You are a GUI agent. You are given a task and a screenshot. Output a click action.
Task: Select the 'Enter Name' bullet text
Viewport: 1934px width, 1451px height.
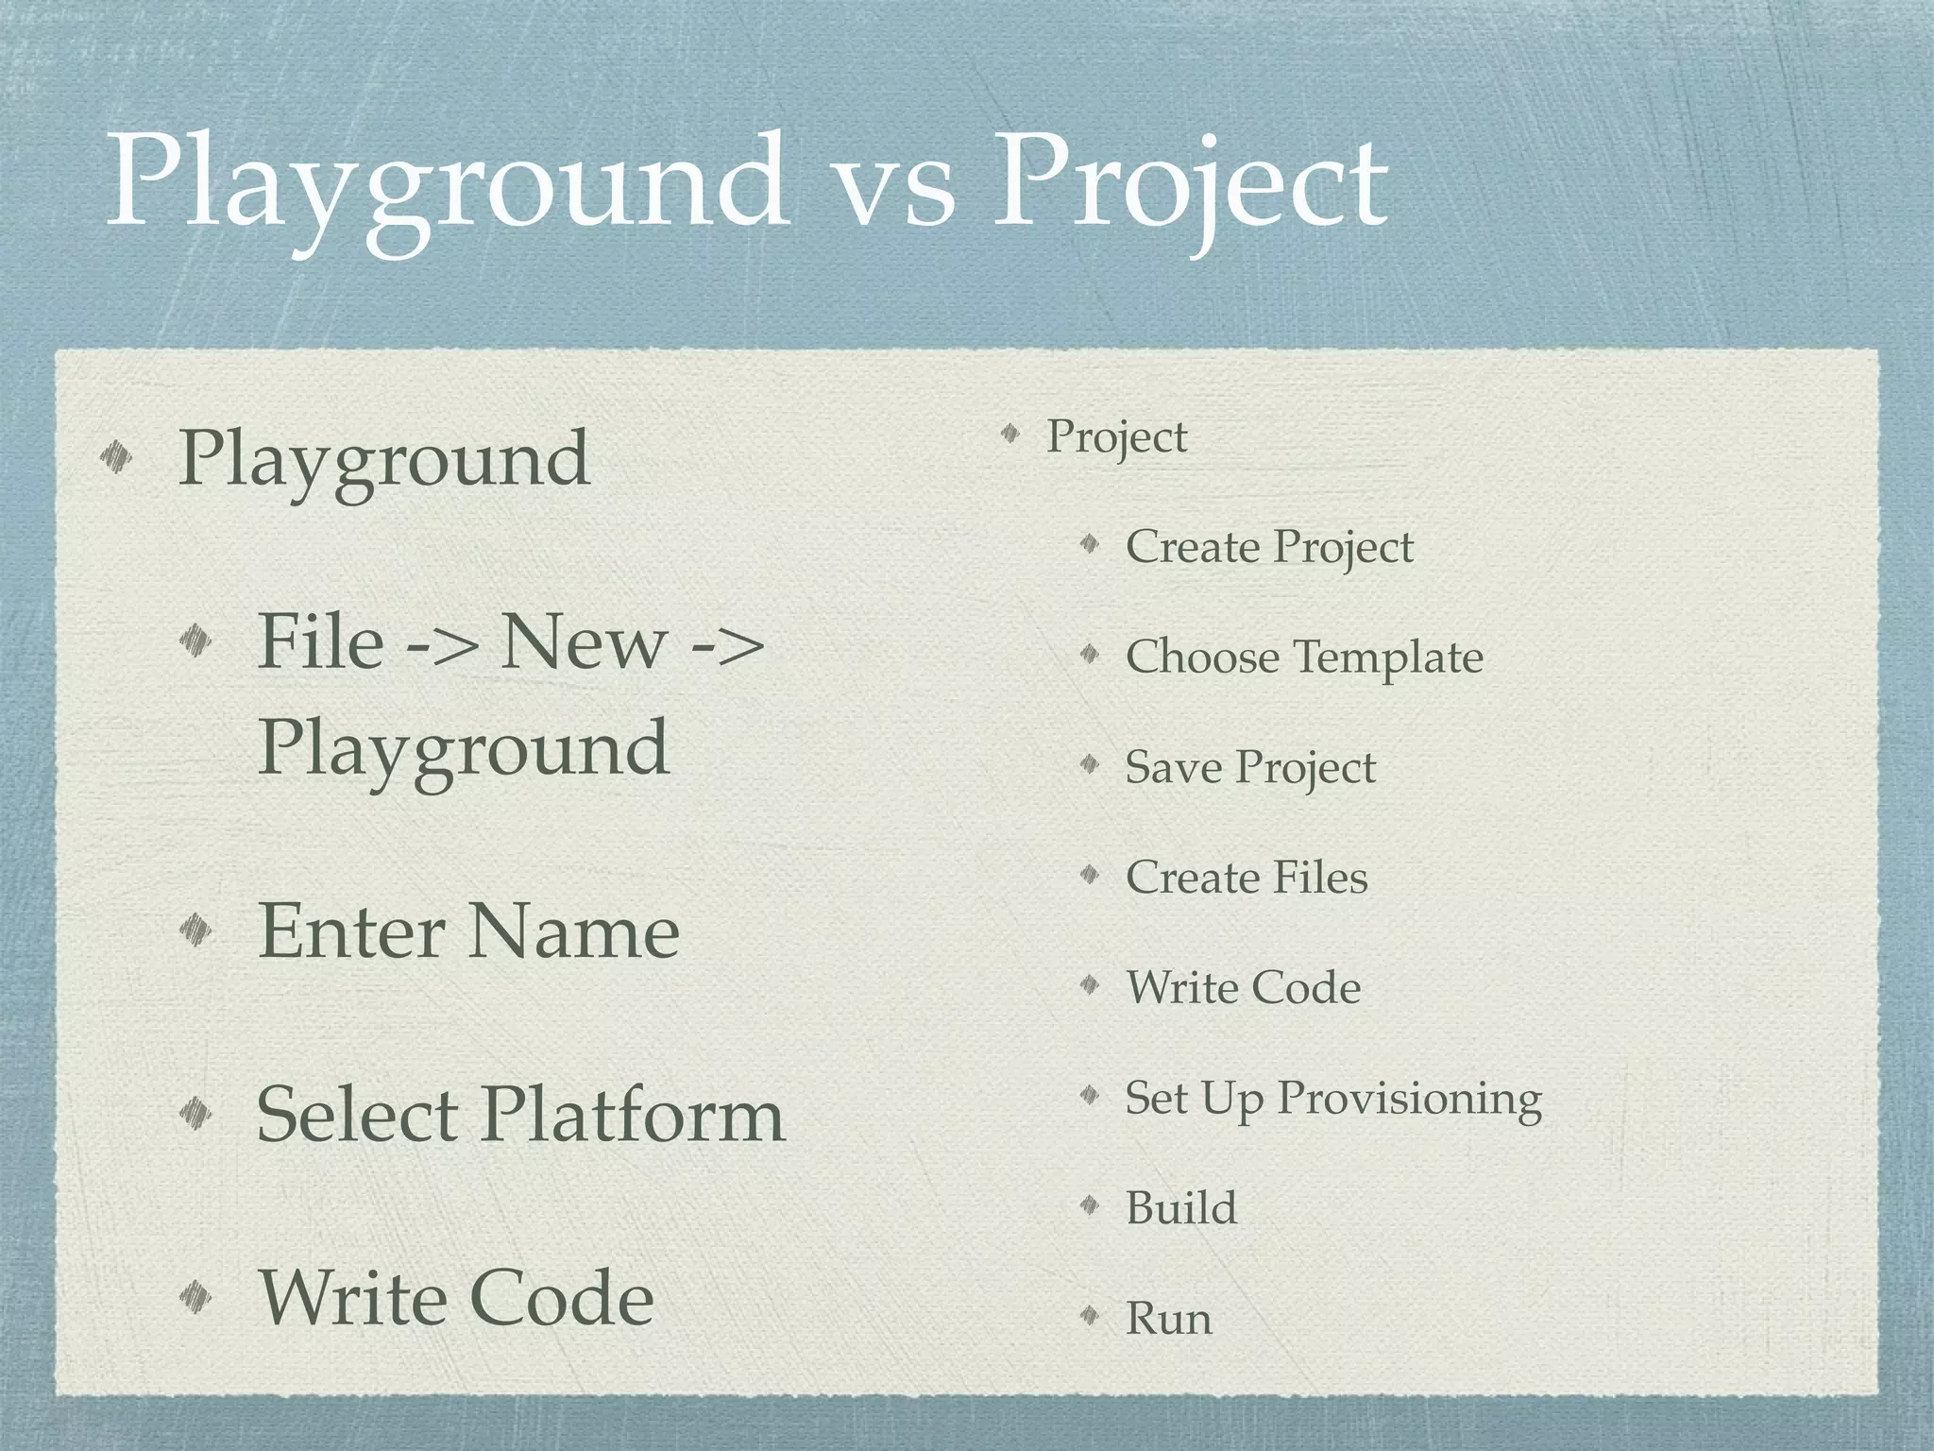(x=468, y=930)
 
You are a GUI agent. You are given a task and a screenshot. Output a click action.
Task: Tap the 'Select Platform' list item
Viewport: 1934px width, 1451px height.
(x=520, y=1115)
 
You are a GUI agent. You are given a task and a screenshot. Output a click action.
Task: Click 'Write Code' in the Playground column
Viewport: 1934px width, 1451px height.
(x=456, y=1298)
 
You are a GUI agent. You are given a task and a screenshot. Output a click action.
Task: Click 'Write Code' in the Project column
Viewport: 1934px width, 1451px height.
(x=1243, y=987)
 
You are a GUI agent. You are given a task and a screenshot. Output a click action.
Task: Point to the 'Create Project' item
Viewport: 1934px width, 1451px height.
(x=1269, y=547)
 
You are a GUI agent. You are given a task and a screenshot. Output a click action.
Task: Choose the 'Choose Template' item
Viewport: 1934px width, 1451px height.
(x=1304, y=657)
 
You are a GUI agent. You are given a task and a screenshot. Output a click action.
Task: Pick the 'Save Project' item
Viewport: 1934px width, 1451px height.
(x=1250, y=767)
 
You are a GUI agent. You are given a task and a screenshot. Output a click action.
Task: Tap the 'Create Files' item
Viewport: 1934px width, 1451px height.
(x=1247, y=877)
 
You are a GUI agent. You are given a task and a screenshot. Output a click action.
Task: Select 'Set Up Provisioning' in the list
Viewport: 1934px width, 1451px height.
(x=1333, y=1098)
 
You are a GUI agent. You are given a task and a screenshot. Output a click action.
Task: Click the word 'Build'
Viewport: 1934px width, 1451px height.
(x=1181, y=1208)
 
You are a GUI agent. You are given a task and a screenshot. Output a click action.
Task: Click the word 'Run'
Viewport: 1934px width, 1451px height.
(x=1169, y=1318)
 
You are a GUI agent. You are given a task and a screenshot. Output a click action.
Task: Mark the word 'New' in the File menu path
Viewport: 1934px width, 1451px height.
(x=583, y=641)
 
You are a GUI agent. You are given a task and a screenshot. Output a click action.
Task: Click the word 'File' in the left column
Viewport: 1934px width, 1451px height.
(x=320, y=641)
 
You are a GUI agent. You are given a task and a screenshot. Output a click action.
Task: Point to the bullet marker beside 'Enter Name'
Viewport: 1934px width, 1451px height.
(x=196, y=930)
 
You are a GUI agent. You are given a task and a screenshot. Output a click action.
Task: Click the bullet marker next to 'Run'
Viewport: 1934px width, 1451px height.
(x=1090, y=1315)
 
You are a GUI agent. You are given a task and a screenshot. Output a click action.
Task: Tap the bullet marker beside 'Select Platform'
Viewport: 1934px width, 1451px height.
(x=196, y=1114)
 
